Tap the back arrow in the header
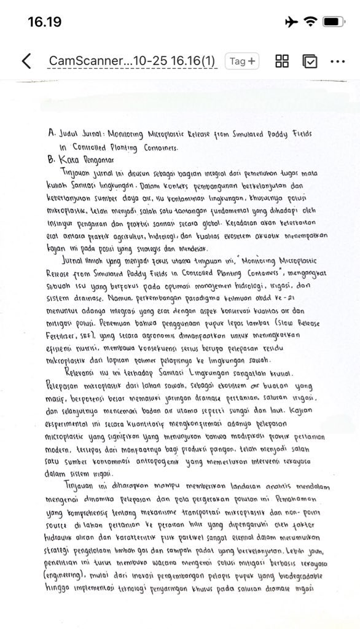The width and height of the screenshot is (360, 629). [x=26, y=61]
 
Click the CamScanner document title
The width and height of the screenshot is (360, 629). [x=132, y=61]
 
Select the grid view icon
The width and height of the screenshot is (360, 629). [x=282, y=61]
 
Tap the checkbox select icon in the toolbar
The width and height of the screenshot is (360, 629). [x=310, y=61]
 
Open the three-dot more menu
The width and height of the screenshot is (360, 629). [x=338, y=61]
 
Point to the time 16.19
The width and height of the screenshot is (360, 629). [x=44, y=22]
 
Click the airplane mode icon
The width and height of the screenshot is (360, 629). [x=292, y=22]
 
